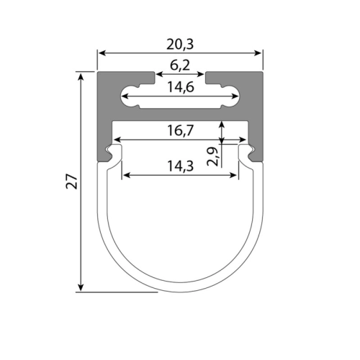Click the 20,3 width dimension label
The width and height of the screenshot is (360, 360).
(180, 45)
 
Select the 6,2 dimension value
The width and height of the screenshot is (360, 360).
(180, 66)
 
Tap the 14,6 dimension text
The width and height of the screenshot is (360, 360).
(181, 87)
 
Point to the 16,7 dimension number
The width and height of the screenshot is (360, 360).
(180, 130)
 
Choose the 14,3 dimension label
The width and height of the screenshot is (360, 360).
(180, 166)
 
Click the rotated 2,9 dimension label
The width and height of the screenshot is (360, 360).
(212, 157)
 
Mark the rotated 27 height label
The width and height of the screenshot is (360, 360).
(72, 181)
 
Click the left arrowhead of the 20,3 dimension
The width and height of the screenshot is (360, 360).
(102, 53)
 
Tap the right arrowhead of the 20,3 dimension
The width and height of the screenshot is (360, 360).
(258, 53)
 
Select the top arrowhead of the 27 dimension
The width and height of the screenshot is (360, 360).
(81, 77)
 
